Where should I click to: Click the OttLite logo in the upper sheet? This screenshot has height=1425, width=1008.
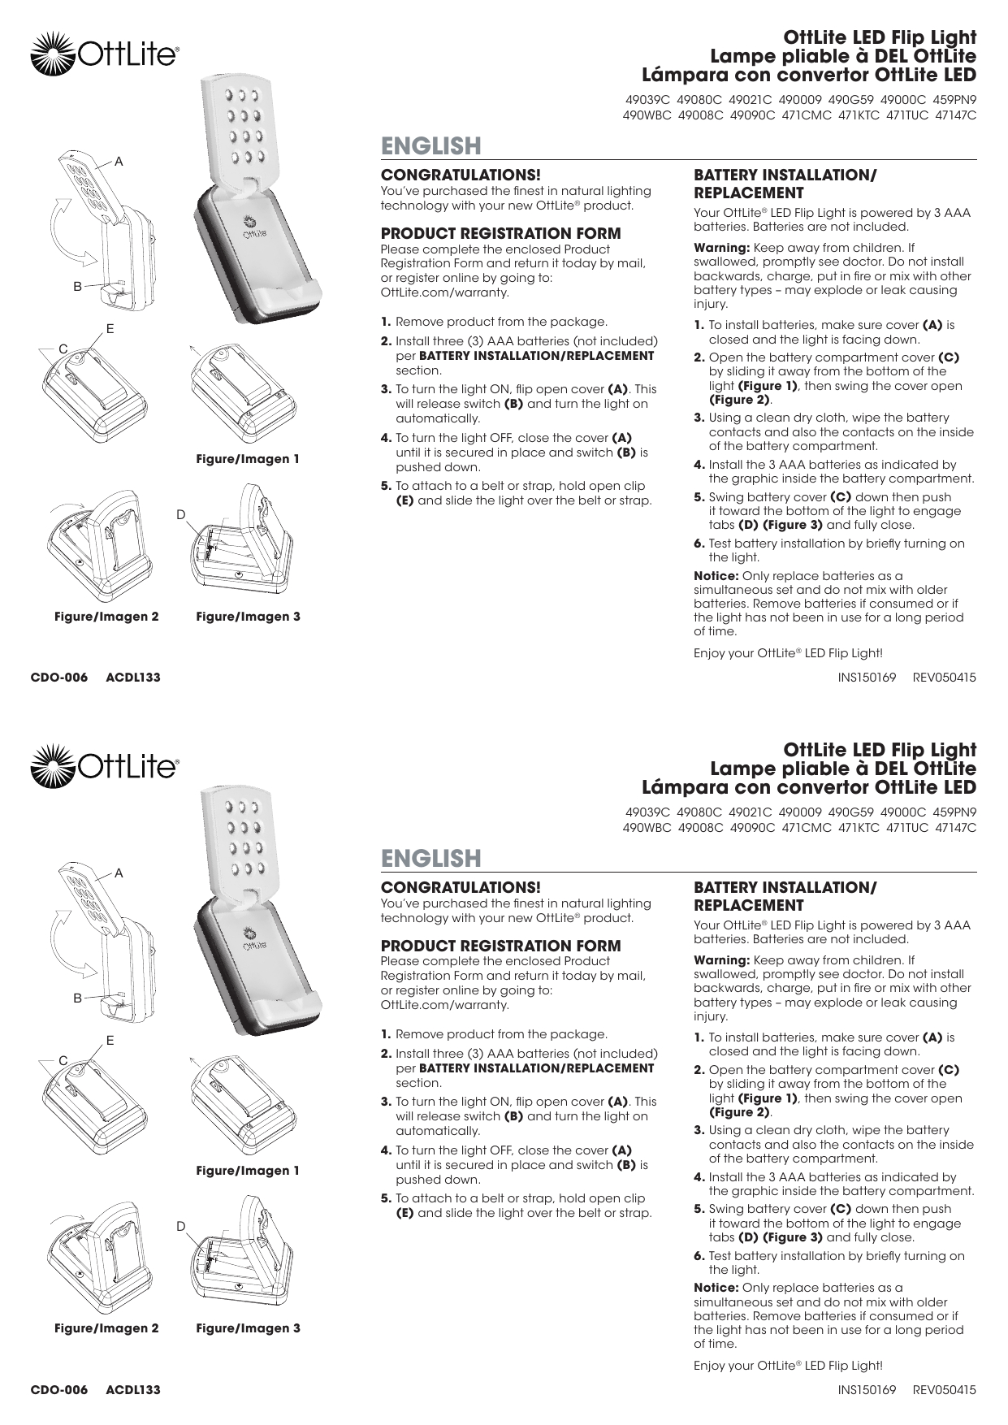tap(104, 54)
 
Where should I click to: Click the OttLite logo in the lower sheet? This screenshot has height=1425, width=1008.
tap(104, 766)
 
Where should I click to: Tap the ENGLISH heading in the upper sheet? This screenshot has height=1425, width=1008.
tap(431, 146)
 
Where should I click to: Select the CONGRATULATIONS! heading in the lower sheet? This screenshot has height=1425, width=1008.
tap(461, 887)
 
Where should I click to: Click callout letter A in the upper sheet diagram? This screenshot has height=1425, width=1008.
tap(119, 162)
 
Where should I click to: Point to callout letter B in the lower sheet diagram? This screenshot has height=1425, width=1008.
tap(78, 998)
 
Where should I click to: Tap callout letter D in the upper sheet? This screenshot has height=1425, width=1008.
tap(180, 515)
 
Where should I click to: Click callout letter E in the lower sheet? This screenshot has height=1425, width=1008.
tap(110, 1041)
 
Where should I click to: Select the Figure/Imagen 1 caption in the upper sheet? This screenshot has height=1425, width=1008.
tap(248, 459)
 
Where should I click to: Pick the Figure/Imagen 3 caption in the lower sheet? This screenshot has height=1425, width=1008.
tap(248, 1328)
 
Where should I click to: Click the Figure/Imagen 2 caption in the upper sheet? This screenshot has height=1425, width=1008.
tap(106, 617)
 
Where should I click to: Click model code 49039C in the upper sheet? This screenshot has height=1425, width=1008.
tap(647, 101)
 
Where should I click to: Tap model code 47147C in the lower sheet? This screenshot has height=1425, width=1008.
tap(955, 828)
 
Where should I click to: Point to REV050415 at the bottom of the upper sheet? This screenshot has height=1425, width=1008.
tap(944, 678)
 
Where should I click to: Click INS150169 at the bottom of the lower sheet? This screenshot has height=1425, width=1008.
tap(866, 1390)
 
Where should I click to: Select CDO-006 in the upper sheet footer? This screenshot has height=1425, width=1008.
tap(58, 678)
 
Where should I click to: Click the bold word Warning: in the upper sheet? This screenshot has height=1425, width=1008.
tap(721, 248)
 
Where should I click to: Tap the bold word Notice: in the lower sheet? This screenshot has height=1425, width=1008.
tap(716, 1288)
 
